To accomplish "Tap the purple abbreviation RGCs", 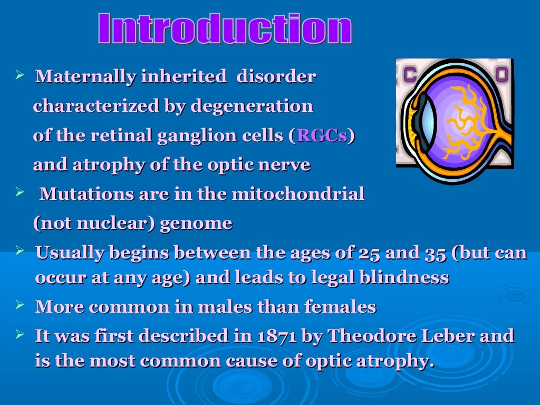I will coord(322,136).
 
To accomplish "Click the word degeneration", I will coord(252,107).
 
